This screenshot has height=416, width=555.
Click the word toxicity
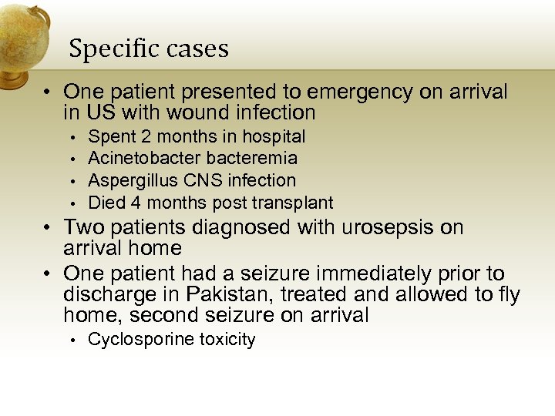click(227, 340)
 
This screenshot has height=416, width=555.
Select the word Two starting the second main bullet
click(83, 228)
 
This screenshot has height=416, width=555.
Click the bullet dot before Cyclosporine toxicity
click(71, 341)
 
